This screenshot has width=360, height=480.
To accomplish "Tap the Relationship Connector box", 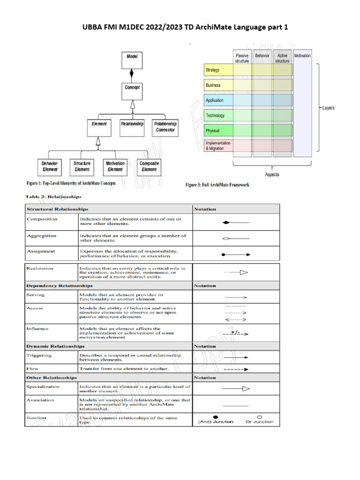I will pyautogui.click(x=165, y=127).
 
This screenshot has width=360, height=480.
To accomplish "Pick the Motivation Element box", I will pyautogui.click(x=115, y=166).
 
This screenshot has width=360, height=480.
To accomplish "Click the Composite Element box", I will pyautogui.click(x=149, y=166).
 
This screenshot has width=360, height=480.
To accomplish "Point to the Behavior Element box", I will pyautogui.click(x=49, y=166).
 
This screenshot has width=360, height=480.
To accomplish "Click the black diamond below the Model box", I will pyautogui.click(x=132, y=74).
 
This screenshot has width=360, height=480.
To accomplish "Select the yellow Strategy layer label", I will pyautogui.click(x=218, y=70).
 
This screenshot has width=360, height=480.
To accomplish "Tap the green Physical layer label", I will pyautogui.click(x=218, y=130).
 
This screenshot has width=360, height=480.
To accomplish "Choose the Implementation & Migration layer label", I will pyautogui.click(x=218, y=146).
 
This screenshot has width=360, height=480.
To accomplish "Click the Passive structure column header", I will pyautogui.click(x=242, y=58).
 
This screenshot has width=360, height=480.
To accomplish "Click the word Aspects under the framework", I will pyautogui.click(x=272, y=174).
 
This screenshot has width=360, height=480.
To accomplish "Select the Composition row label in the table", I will pyautogui.click(x=42, y=219).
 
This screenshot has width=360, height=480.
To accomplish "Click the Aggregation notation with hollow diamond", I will pyautogui.click(x=236, y=239).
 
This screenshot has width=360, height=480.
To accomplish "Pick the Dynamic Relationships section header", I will pyautogui.click(x=55, y=346).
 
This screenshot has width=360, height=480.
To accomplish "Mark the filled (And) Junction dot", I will pyautogui.click(x=215, y=416).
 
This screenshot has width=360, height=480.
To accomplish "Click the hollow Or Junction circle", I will pyautogui.click(x=259, y=416).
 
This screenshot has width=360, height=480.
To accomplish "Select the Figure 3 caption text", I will pyautogui.click(x=217, y=185).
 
